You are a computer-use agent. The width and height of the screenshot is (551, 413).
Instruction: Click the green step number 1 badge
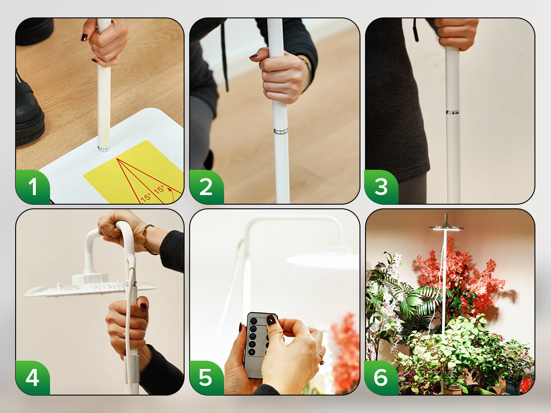[33, 187]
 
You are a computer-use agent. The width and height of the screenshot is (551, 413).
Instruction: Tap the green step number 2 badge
[206, 187]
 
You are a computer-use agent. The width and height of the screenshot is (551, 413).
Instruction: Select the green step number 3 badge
[381, 187]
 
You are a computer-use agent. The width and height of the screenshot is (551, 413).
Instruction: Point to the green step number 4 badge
[33, 378]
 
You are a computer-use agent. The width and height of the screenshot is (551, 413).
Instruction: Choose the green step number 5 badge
[206, 378]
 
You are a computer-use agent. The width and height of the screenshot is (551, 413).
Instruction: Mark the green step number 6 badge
[381, 378]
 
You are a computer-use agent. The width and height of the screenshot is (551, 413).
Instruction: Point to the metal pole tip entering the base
[104, 148]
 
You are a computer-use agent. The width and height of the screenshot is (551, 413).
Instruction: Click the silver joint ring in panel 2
[281, 131]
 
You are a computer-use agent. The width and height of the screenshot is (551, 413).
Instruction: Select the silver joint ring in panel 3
[453, 112]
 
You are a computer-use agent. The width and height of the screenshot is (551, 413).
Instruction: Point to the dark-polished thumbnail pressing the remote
[271, 320]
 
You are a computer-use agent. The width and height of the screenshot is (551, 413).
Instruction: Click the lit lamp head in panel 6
[446, 227]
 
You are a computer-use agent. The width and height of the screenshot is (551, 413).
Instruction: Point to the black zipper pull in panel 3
[416, 30]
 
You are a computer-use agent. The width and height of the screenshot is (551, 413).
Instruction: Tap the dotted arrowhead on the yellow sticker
[170, 190]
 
